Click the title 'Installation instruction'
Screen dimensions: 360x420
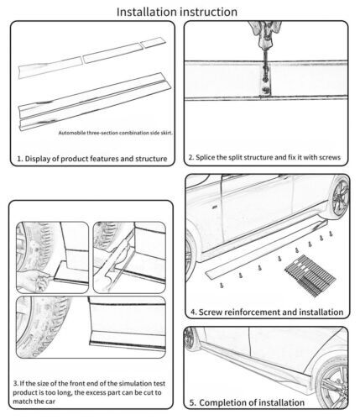coord(177,12)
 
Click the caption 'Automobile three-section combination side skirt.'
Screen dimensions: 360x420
coord(115,133)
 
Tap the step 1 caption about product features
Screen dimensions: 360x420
coord(92,159)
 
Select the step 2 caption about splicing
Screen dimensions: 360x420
coord(264,157)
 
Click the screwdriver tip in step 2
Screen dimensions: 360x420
coord(265,79)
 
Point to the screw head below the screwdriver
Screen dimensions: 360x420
coord(265,90)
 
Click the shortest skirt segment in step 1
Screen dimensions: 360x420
coord(154,43)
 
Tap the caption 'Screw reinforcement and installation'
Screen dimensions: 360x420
coord(267,312)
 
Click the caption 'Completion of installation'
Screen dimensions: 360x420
coord(247,402)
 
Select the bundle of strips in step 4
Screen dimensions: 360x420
coord(310,275)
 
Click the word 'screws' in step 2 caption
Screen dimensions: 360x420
coord(331,157)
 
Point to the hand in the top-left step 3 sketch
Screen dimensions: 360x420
coord(34,281)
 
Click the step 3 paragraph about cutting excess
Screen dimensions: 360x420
coord(89,392)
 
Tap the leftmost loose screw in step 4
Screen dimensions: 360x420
coord(222,286)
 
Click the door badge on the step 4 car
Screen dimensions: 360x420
coord(214,207)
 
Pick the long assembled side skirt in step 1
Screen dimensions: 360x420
coord(95,102)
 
